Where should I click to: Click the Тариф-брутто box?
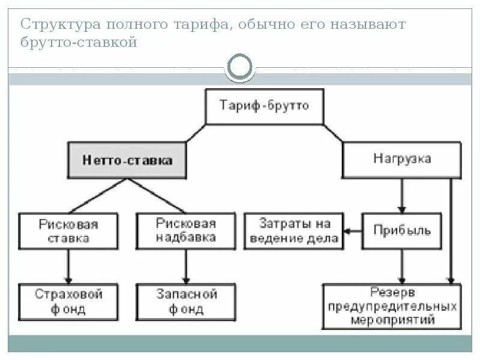point(264,107)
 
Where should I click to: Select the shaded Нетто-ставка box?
point(127,160)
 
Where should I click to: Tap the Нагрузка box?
point(401,160)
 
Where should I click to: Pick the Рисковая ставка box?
point(68,231)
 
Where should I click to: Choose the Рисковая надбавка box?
point(185,231)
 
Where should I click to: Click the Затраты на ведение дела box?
point(295,231)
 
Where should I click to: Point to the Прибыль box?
point(402,231)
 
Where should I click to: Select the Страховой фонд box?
point(68,302)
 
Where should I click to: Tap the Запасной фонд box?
point(186,302)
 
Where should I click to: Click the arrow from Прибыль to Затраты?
point(353,231)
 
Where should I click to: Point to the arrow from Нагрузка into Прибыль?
point(403,196)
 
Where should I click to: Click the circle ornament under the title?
point(241,68)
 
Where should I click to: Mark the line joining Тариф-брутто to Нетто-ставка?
point(196,133)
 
